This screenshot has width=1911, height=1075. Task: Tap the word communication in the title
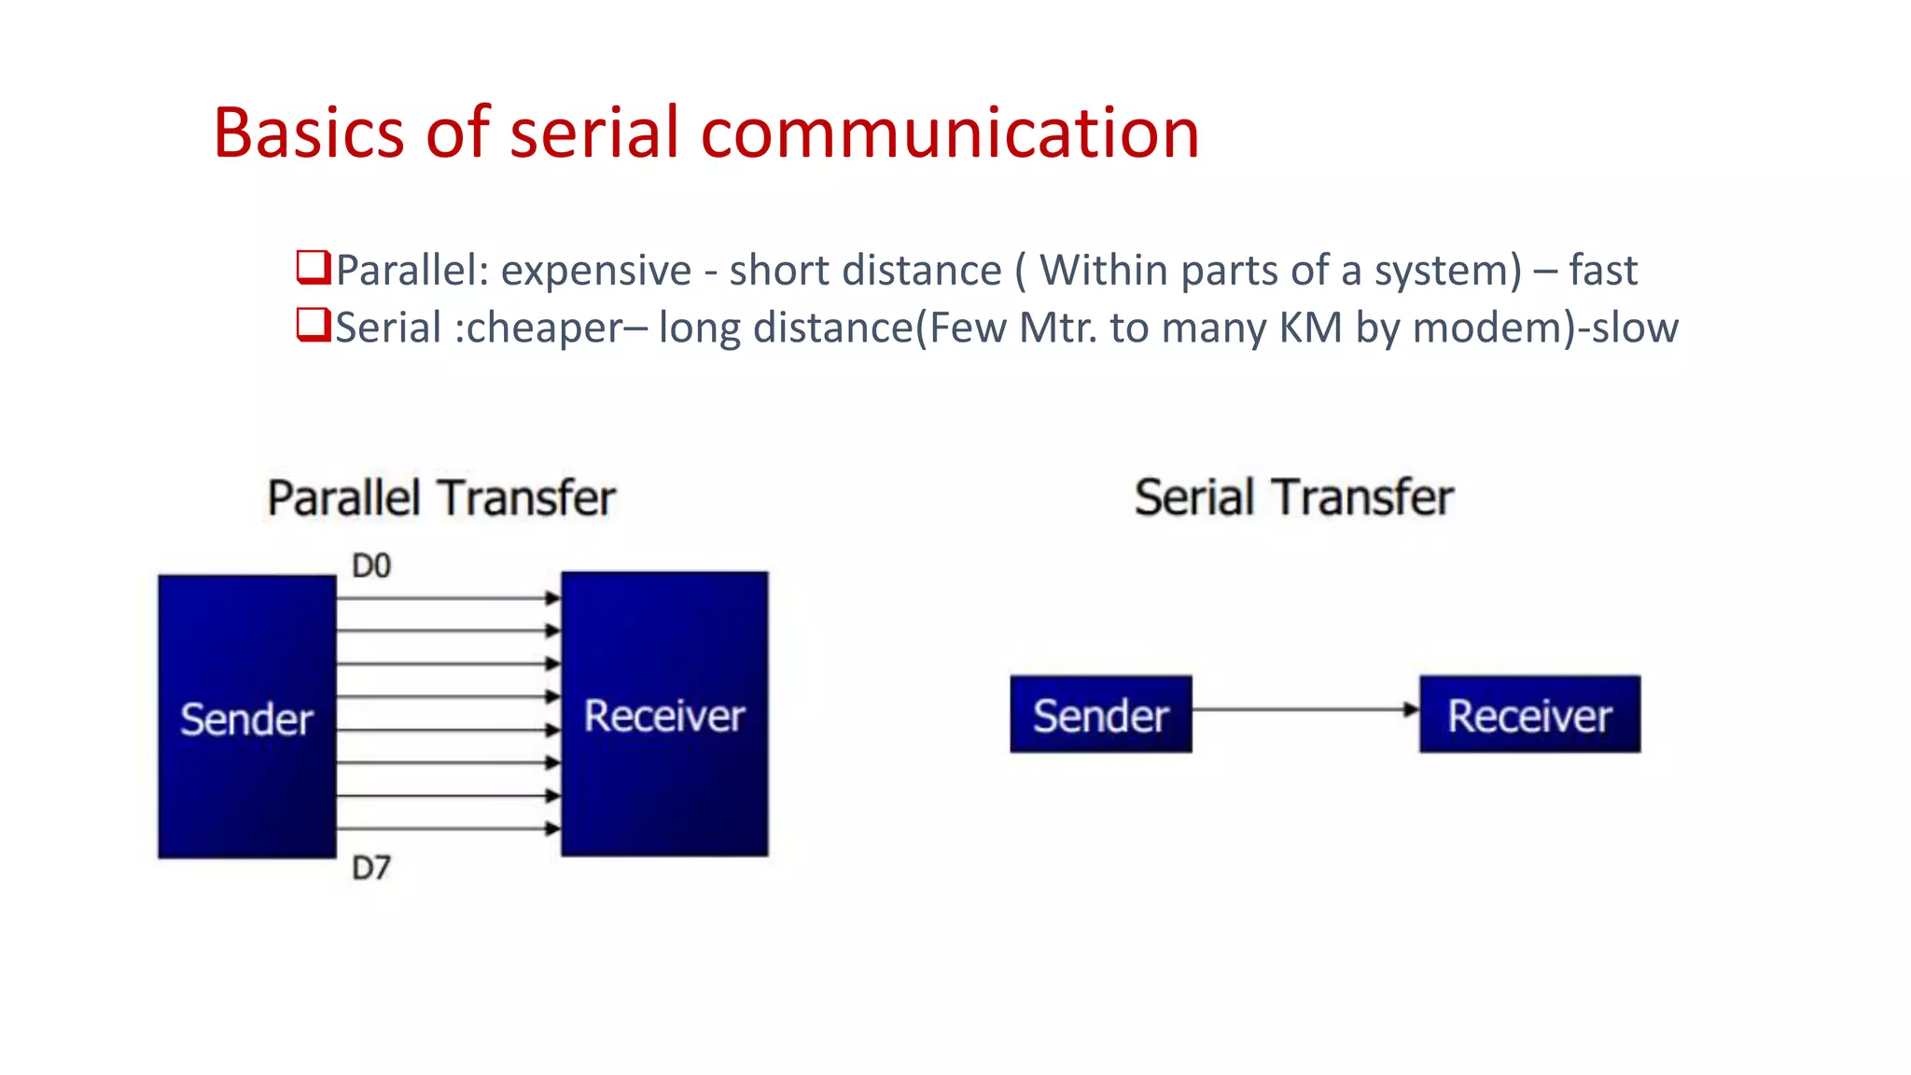(x=949, y=133)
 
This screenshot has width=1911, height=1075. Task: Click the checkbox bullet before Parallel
(x=313, y=267)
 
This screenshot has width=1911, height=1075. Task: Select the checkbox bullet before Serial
(x=313, y=325)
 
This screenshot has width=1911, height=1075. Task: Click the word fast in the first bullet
(x=1602, y=271)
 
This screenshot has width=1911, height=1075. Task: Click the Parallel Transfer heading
(x=441, y=497)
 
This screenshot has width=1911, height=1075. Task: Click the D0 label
(x=370, y=565)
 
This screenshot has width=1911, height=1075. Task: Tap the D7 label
(x=370, y=868)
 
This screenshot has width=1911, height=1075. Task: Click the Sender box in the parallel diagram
(x=246, y=717)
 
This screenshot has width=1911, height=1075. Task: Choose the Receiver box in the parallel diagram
(x=664, y=714)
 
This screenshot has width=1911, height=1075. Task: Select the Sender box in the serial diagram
(x=1100, y=715)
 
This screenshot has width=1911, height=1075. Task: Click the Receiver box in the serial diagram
(x=1529, y=715)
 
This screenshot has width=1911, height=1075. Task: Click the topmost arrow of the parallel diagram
(x=448, y=598)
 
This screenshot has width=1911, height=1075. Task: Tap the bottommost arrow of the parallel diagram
(x=448, y=829)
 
